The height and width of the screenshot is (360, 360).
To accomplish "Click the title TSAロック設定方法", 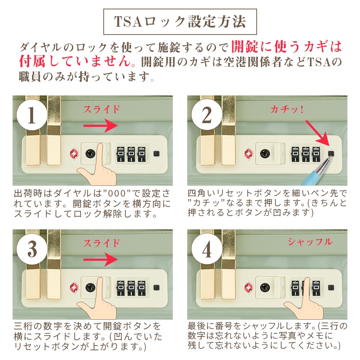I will (x=180, y=22).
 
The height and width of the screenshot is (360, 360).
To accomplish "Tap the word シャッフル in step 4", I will (x=310, y=242).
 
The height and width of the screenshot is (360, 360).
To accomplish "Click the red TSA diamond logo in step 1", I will (x=74, y=154).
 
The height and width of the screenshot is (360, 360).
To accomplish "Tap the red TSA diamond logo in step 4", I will (x=249, y=287).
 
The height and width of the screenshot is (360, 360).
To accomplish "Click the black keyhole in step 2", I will (x=265, y=154).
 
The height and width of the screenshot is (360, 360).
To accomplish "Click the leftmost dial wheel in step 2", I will (x=295, y=154).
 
